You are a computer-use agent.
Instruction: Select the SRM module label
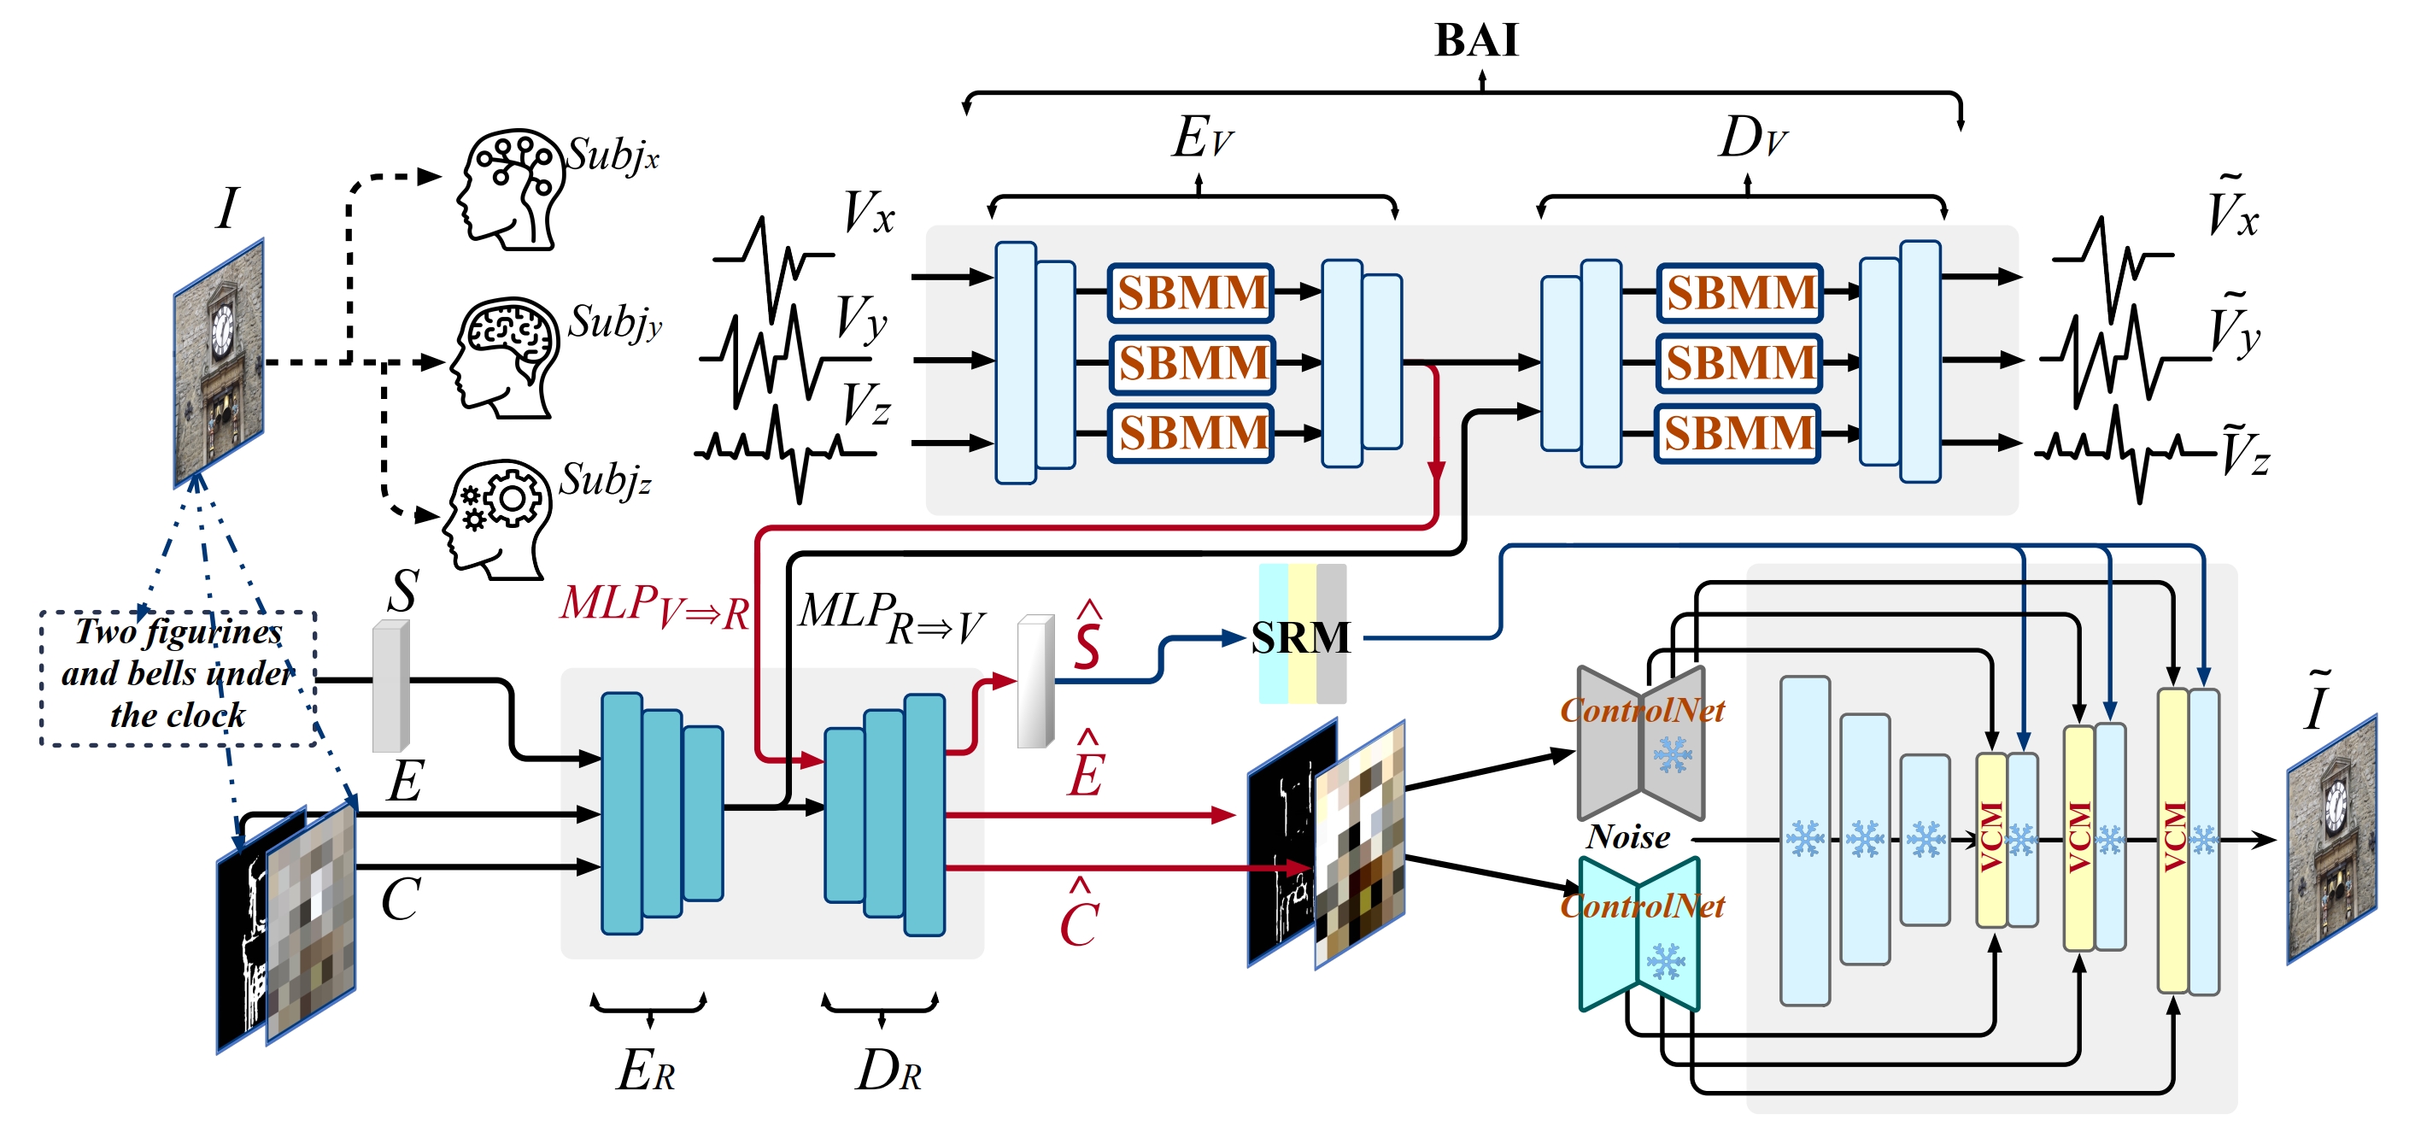(x=1300, y=638)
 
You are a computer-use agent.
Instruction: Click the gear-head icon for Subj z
(x=498, y=519)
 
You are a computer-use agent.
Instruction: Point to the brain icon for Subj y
(x=504, y=357)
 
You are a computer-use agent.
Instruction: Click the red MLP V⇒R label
(x=654, y=607)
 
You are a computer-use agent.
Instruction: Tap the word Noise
(x=1627, y=836)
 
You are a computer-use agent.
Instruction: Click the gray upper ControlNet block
(x=1641, y=742)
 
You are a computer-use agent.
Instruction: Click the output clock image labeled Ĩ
(x=2331, y=839)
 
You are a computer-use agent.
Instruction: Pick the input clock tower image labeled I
(x=219, y=363)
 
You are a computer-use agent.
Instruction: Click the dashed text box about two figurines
(x=179, y=679)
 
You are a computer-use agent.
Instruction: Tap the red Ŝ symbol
(x=1087, y=637)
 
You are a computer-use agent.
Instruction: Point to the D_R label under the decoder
(x=888, y=1069)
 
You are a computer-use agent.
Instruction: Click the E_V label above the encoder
(x=1203, y=138)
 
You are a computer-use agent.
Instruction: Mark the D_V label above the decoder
(x=1753, y=138)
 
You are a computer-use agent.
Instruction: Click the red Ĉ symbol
(x=1079, y=913)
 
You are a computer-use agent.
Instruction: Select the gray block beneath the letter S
(x=391, y=686)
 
